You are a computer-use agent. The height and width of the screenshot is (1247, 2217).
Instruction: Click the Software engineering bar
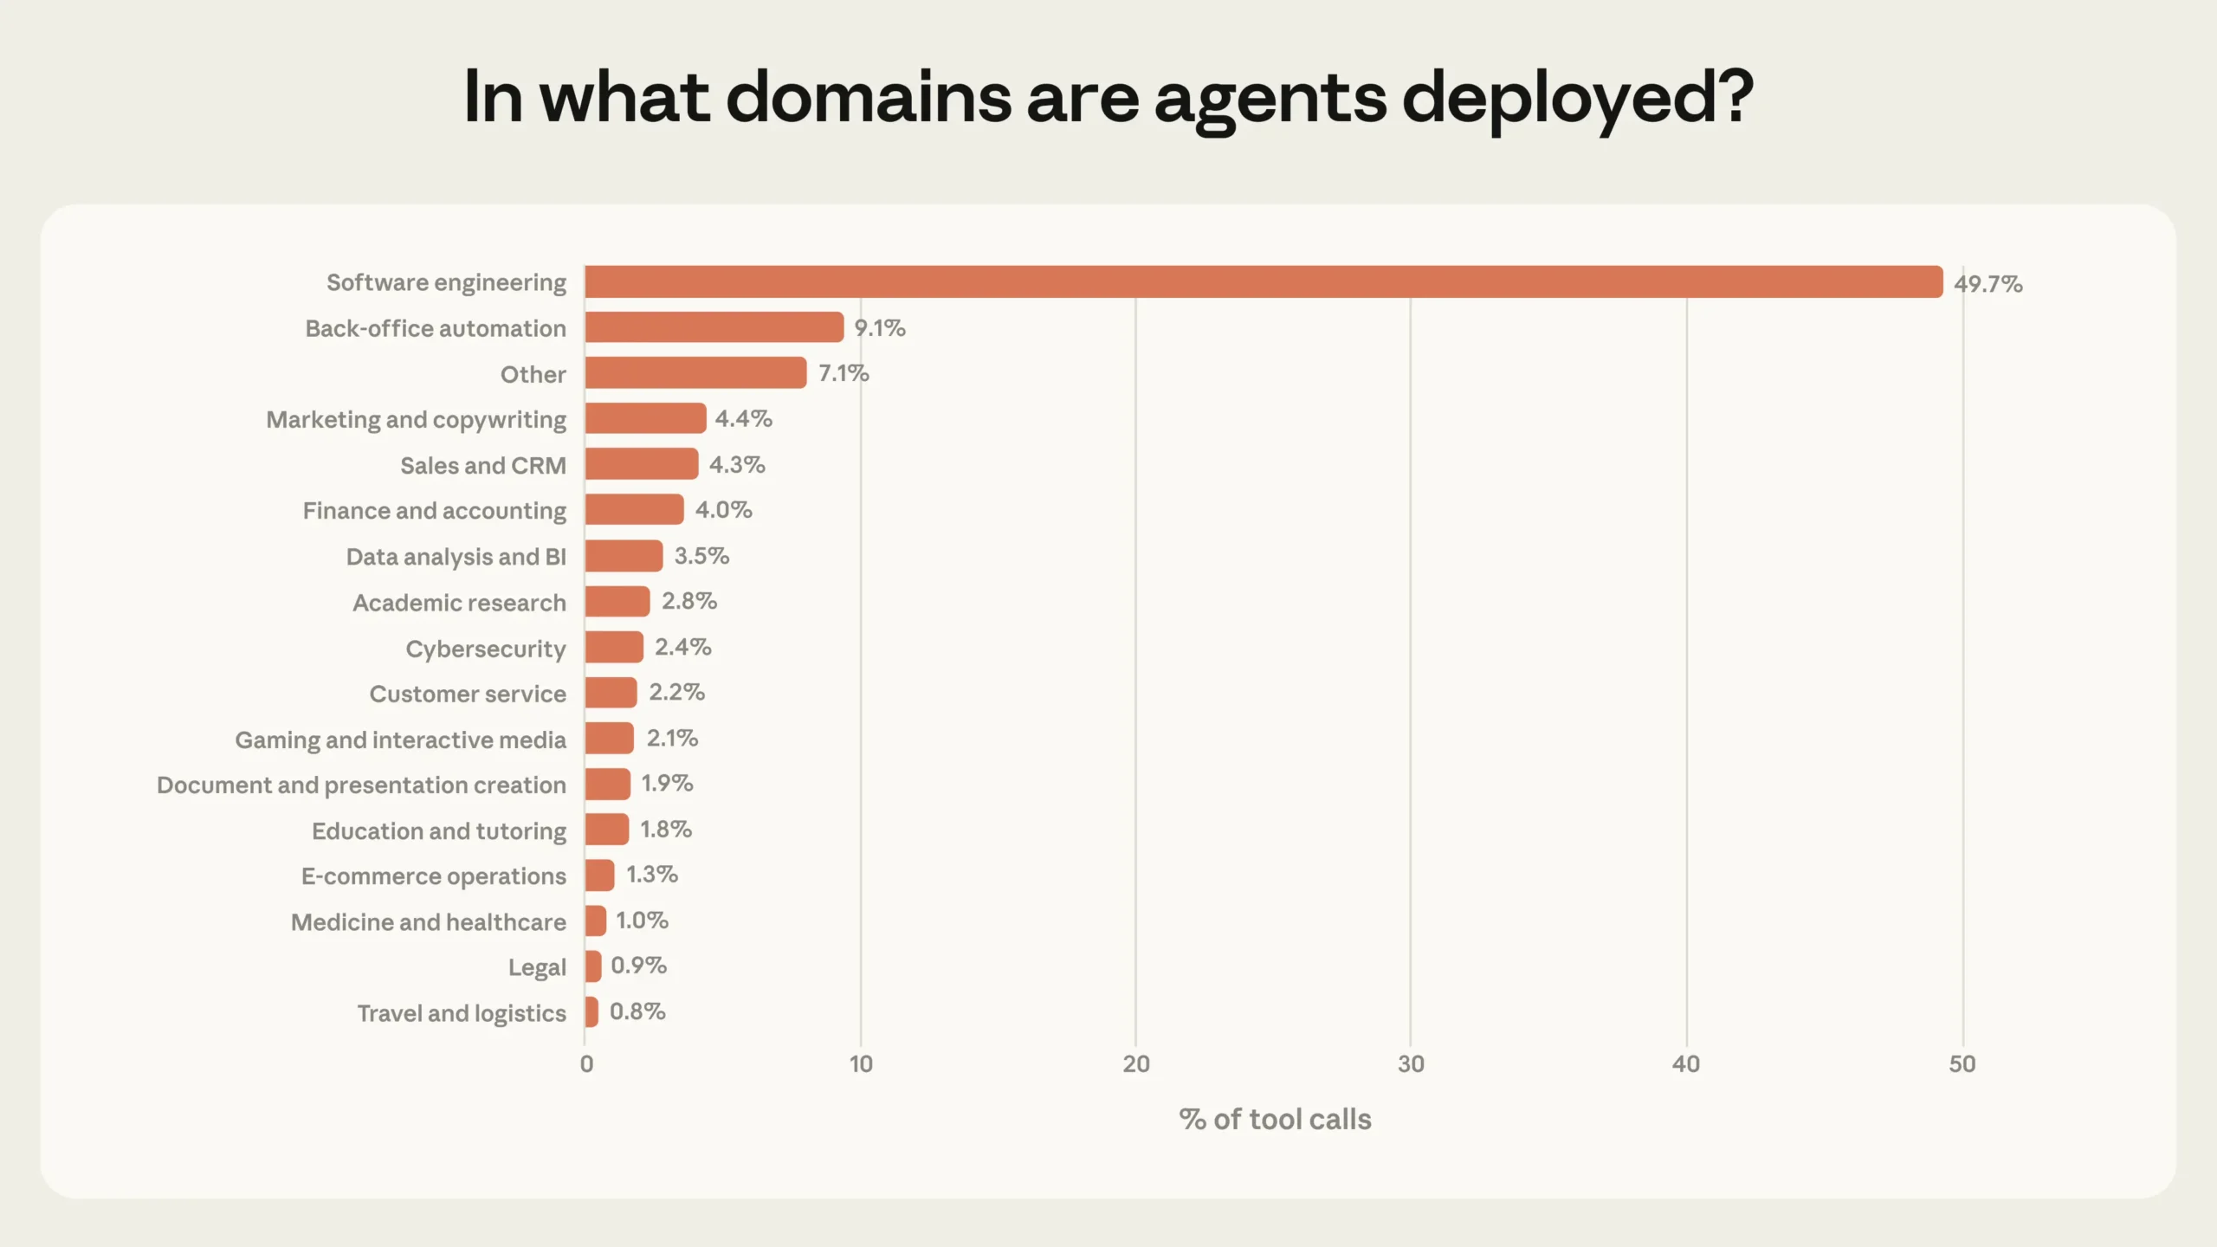point(1263,282)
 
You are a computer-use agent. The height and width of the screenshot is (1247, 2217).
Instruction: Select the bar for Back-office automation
point(714,327)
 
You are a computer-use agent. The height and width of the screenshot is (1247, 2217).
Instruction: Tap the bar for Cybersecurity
point(614,647)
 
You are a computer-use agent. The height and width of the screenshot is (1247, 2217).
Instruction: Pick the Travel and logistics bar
point(591,1011)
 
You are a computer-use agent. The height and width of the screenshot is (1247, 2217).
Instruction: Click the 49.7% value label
point(1988,284)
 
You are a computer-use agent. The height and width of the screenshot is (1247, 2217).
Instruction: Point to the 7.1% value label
point(843,373)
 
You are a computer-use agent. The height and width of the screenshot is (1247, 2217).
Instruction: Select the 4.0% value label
point(723,510)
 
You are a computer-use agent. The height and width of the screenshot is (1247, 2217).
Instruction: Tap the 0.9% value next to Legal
point(638,966)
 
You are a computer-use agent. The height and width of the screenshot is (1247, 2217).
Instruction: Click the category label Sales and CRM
point(482,466)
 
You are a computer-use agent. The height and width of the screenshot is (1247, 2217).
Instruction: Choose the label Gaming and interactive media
point(400,740)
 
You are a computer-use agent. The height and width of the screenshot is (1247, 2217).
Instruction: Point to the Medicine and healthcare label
point(428,922)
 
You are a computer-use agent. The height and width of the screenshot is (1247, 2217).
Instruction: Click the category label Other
point(533,374)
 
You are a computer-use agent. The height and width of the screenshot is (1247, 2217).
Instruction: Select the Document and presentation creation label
point(361,785)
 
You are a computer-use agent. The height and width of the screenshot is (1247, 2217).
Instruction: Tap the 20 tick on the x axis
point(1135,1064)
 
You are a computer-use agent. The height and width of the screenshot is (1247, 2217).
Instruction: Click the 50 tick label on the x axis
point(1962,1064)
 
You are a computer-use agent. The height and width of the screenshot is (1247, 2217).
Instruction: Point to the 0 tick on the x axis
point(586,1064)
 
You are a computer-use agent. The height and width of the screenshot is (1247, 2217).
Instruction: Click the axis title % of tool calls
point(1275,1120)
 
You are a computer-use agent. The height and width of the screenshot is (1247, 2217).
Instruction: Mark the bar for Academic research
point(617,601)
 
